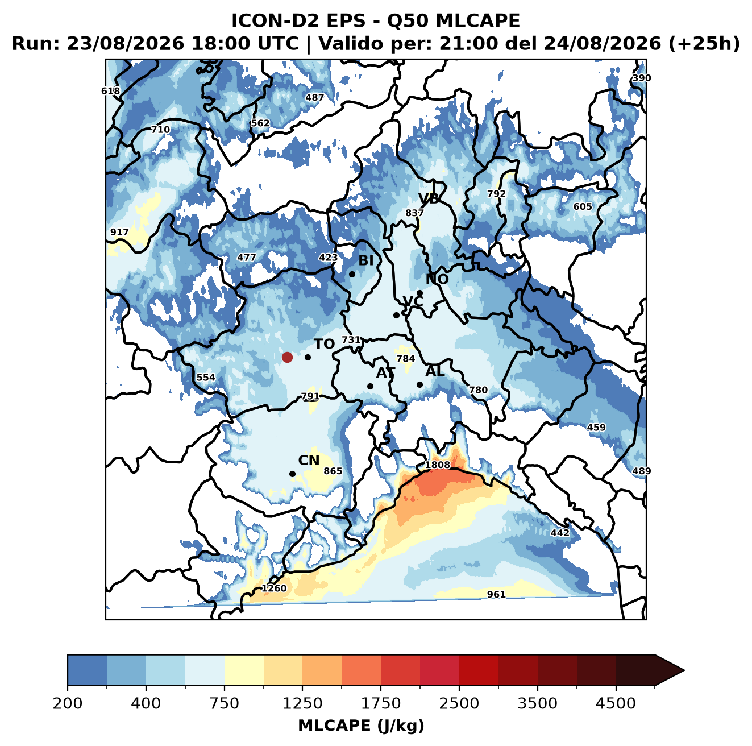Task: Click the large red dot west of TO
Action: pyautogui.click(x=287, y=357)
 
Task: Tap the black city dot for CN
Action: pyautogui.click(x=292, y=474)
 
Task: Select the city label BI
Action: pyautogui.click(x=365, y=260)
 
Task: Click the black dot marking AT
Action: pyautogui.click(x=370, y=386)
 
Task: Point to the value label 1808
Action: pyautogui.click(x=438, y=465)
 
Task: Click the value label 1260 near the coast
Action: pyautogui.click(x=274, y=588)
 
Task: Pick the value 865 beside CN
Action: pyautogui.click(x=333, y=471)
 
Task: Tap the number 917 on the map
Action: pyautogui.click(x=119, y=232)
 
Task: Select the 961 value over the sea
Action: pyautogui.click(x=496, y=594)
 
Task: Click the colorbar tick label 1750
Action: pyautogui.click(x=381, y=703)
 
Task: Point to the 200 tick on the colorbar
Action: pyautogui.click(x=68, y=703)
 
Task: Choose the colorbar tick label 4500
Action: pyautogui.click(x=616, y=703)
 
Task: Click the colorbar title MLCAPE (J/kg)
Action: pyautogui.click(x=361, y=726)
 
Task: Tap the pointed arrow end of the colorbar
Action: pyautogui.click(x=684, y=671)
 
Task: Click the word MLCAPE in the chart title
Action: pyautogui.click(x=477, y=20)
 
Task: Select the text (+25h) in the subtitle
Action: pyautogui.click(x=704, y=44)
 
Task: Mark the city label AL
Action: pyautogui.click(x=435, y=371)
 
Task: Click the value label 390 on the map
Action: pyautogui.click(x=642, y=78)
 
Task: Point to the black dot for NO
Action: pyautogui.click(x=419, y=293)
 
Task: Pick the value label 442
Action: pyautogui.click(x=560, y=533)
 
